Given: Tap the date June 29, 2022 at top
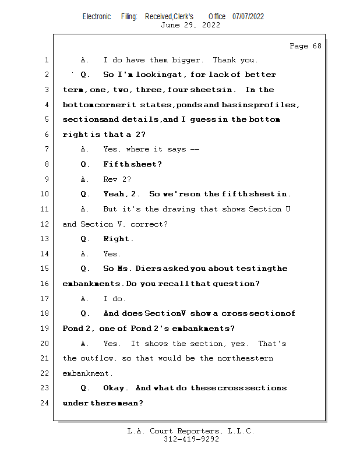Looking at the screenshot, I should pos(190,25).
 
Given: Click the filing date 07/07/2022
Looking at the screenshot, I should pos(248,16).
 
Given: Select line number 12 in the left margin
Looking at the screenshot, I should pos(45,224).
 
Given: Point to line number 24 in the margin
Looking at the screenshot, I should pos(45,403).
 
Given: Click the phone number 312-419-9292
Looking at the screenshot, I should pos(191,440).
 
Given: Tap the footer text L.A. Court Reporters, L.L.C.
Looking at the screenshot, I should pos(190,431).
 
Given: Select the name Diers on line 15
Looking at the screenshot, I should pos(144,269).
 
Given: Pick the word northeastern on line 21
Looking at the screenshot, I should pos(245,358).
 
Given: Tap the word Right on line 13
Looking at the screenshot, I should pos(118,239).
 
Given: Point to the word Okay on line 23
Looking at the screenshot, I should pos(114,388).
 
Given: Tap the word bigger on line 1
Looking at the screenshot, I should pos(185,60).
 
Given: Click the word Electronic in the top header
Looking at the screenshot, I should pos(97,16).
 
